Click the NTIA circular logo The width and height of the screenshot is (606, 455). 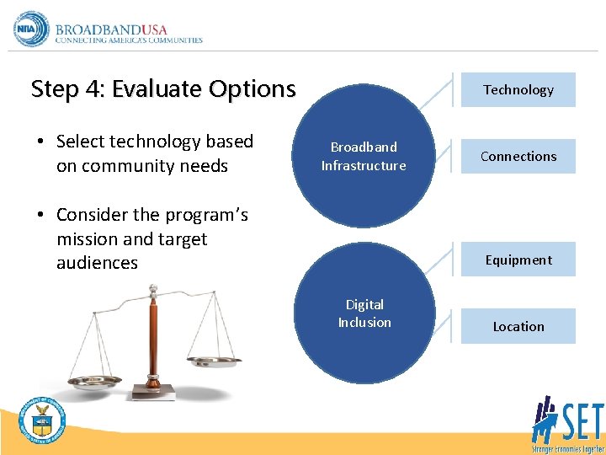click(x=32, y=29)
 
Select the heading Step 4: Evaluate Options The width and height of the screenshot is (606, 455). click(x=163, y=88)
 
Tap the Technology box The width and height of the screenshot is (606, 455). click(x=518, y=90)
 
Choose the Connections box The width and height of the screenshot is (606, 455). click(x=518, y=157)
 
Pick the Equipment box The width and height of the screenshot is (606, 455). click(x=518, y=260)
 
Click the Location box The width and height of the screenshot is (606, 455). click(x=518, y=327)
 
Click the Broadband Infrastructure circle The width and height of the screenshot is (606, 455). click(x=364, y=157)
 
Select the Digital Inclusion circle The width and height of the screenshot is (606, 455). click(x=364, y=313)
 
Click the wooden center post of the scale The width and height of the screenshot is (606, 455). click(x=153, y=337)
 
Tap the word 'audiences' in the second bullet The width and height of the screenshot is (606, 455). click(x=97, y=263)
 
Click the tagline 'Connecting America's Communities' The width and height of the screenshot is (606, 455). click(x=129, y=40)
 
